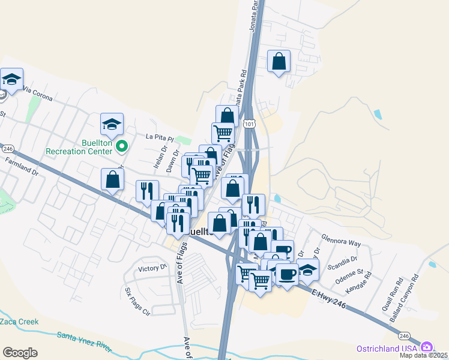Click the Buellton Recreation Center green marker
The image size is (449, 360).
(x=122, y=146)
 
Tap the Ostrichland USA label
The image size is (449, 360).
(x=395, y=348)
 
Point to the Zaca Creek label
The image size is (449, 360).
(x=19, y=322)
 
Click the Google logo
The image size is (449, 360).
(x=20, y=353)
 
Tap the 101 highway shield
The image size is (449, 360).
(x=249, y=123)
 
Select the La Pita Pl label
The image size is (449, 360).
(x=159, y=136)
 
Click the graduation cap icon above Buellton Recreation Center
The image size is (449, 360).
(x=112, y=124)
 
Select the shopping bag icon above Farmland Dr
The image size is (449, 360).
(x=112, y=179)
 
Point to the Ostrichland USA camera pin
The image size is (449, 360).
(x=427, y=347)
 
